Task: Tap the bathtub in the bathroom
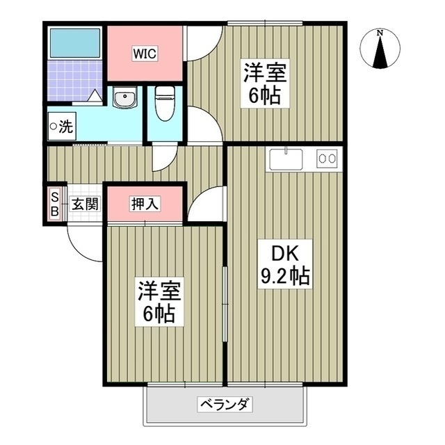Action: pos(74,44)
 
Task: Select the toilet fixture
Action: pos(164,104)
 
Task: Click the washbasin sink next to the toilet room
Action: pos(126,99)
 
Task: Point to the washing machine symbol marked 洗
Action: pos(60,127)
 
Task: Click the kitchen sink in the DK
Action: pos(286,159)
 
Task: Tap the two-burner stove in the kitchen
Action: pos(326,159)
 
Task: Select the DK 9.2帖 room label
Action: pos(284,263)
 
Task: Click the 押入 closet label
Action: pos(145,204)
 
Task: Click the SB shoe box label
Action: pos(54,205)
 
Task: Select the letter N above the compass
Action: pos(380,33)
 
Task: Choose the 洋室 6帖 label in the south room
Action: pos(156,302)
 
